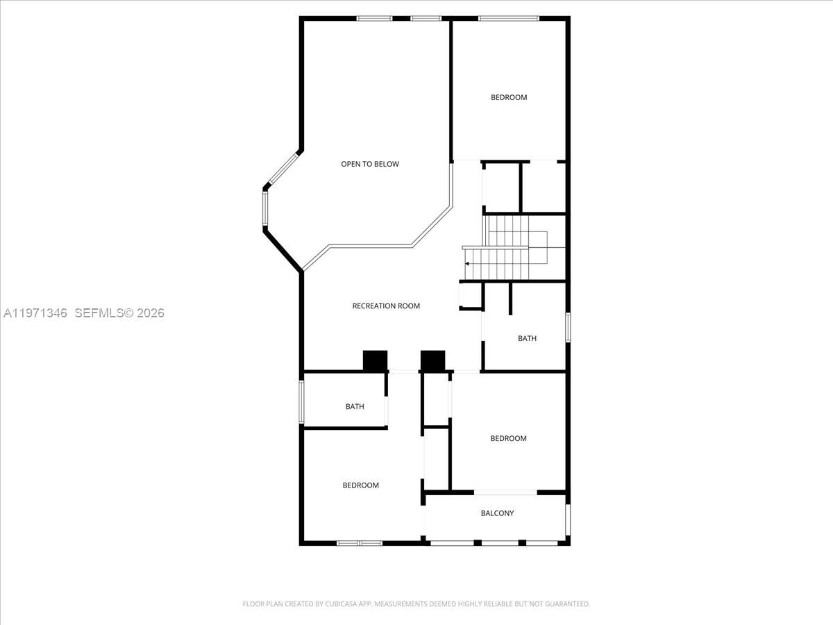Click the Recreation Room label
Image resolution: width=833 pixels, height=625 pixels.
(386, 306)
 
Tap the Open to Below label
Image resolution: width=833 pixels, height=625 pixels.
(370, 164)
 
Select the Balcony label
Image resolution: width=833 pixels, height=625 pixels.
(498, 513)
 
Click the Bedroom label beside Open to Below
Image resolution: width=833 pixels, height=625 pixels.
(509, 97)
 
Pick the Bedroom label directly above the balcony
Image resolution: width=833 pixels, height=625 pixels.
(508, 438)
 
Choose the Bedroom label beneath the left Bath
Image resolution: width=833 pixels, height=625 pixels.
(361, 485)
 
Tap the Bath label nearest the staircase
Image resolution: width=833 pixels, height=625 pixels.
(527, 338)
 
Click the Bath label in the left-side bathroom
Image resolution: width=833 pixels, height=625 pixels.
(355, 406)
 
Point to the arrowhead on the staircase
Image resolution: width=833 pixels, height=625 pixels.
(468, 264)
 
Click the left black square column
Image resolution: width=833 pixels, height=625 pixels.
(375, 360)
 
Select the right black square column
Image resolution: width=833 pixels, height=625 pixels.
(432, 360)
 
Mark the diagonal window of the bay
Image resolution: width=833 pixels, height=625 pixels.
(283, 169)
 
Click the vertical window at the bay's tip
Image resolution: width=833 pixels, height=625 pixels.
(265, 208)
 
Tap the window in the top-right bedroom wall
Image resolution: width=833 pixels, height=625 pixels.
(509, 18)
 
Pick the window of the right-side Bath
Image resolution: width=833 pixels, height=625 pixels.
(567, 327)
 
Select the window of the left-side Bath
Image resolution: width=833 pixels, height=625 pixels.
(301, 401)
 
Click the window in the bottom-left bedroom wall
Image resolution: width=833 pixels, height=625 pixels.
(359, 542)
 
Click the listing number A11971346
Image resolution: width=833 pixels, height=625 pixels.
(35, 313)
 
